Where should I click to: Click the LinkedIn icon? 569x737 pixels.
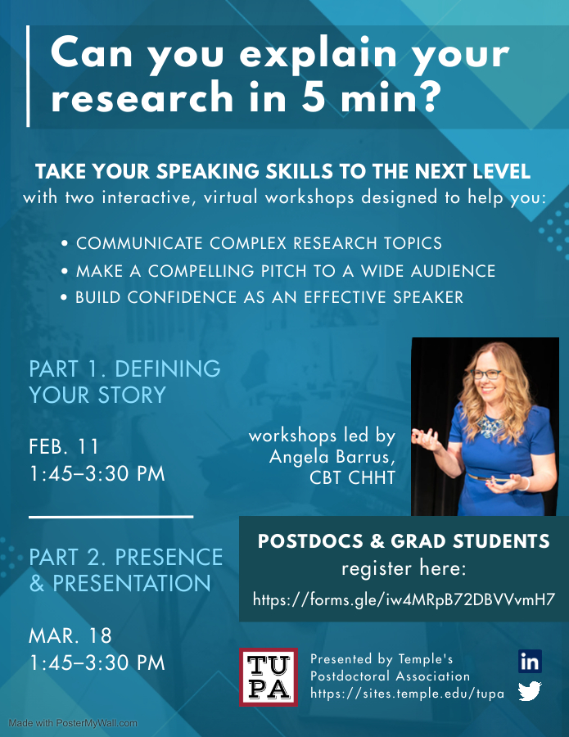530,662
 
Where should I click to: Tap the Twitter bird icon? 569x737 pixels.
530,691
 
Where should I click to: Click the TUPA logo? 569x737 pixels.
269,677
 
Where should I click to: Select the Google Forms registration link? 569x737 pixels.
404,599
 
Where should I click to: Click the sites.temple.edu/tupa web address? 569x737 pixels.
407,694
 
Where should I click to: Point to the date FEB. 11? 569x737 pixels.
63,446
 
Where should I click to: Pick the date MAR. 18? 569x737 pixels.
70,635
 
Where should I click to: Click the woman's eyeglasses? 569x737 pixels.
485,374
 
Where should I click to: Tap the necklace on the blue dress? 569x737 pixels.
490,425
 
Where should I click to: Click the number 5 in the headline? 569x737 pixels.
314,96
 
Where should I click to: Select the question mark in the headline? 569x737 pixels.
429,96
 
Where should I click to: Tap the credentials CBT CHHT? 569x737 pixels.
352,477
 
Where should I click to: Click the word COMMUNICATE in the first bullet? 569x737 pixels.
139,243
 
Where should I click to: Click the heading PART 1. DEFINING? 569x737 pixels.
124,369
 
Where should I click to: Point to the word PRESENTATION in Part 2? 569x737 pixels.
132,583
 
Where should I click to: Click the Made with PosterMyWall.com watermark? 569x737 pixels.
73,723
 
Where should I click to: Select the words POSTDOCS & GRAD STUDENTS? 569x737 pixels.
404,541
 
